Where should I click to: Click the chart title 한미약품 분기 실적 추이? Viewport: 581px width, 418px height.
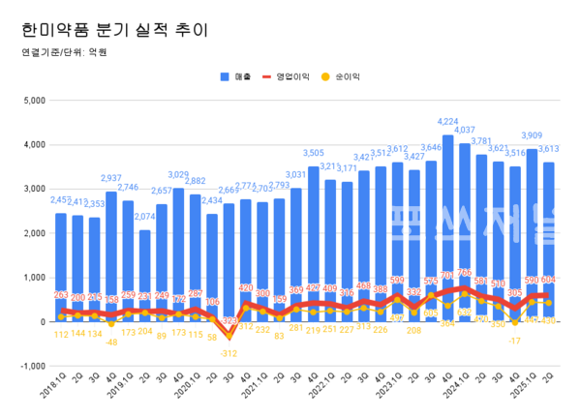point(114,29)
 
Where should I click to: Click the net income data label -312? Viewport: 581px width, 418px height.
point(229,354)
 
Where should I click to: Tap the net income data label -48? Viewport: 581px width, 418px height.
point(111,342)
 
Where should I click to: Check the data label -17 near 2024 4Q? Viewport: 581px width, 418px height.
point(516,341)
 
